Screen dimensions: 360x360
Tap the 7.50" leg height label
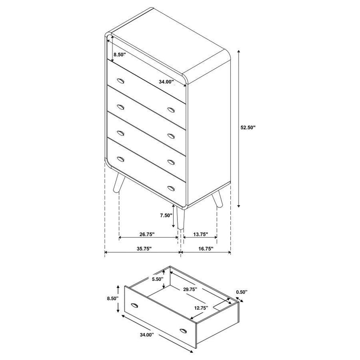166,215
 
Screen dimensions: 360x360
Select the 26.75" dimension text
146,234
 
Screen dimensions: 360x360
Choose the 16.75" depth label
204,248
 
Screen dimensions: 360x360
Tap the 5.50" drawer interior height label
157,279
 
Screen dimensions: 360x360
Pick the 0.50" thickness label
242,292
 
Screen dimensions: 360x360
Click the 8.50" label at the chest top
120,54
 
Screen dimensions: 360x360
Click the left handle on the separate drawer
134,306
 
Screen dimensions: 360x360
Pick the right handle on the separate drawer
184,331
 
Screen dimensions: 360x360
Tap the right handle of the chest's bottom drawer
171,187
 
